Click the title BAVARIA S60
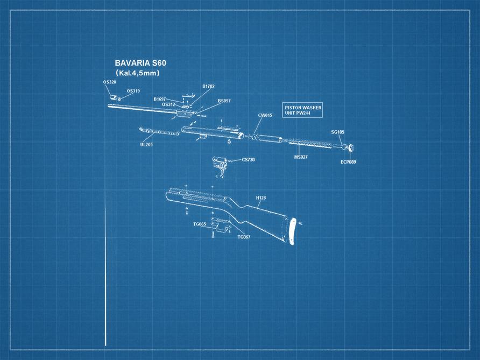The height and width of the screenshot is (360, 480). click(140, 63)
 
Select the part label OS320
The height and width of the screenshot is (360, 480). click(109, 82)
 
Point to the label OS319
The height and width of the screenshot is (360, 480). click(133, 91)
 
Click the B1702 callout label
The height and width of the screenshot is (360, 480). click(208, 86)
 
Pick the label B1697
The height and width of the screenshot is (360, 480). click(159, 99)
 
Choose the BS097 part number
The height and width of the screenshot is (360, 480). click(224, 101)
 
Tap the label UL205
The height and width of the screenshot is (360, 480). click(146, 144)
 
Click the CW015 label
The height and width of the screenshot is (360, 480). click(265, 115)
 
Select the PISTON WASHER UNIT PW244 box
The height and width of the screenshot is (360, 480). click(303, 110)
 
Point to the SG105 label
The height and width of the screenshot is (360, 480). click(337, 132)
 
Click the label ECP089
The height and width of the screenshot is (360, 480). click(348, 161)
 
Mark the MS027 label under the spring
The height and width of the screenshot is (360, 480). click(301, 157)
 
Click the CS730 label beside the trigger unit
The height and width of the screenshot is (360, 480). click(248, 160)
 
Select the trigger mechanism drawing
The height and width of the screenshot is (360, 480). click(220, 164)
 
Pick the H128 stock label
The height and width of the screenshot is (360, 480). click(260, 198)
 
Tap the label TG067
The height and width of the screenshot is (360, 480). click(244, 237)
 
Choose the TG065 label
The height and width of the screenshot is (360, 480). click(200, 224)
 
